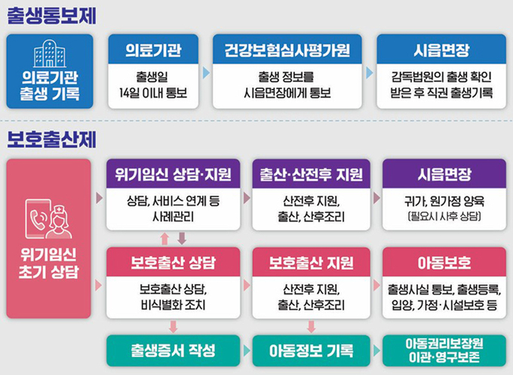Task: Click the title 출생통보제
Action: pyautogui.click(x=52, y=15)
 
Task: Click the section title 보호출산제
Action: pyautogui.click(x=52, y=139)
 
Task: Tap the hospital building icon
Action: pyautogui.click(x=49, y=53)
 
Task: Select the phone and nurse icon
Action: pyautogui.click(x=48, y=219)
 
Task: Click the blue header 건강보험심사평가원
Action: pyautogui.click(x=287, y=50)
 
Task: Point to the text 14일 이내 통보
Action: pyautogui.click(x=153, y=93)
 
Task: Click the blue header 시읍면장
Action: pyautogui.click(x=441, y=50)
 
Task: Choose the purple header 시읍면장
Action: pyautogui.click(x=444, y=174)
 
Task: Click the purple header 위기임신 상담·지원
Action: pyautogui.click(x=173, y=174)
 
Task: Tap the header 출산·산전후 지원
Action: pyautogui.click(x=311, y=174)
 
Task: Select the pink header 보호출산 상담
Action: pyautogui.click(x=173, y=262)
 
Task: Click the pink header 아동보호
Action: pyautogui.click(x=444, y=262)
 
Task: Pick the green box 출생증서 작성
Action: pyautogui.click(x=173, y=350)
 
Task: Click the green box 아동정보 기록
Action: pyautogui.click(x=311, y=350)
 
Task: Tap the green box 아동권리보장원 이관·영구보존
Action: pyautogui.click(x=444, y=350)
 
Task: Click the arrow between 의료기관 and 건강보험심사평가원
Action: pyautogui.click(x=206, y=73)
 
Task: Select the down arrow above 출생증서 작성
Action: pyautogui.click(x=174, y=327)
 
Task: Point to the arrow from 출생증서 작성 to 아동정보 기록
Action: pyautogui.click(x=247, y=351)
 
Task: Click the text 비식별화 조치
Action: pyautogui.click(x=173, y=305)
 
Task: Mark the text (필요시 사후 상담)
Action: pyautogui.click(x=444, y=216)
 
